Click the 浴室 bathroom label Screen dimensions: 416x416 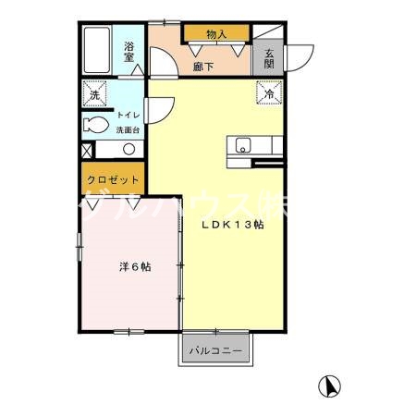(130, 51)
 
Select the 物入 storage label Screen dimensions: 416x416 (216, 34)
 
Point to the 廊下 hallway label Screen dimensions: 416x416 (204, 66)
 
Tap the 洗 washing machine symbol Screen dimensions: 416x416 (95, 94)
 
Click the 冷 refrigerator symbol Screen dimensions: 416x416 (269, 94)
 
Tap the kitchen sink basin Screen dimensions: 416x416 (243, 144)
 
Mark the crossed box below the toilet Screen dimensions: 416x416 (87, 149)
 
